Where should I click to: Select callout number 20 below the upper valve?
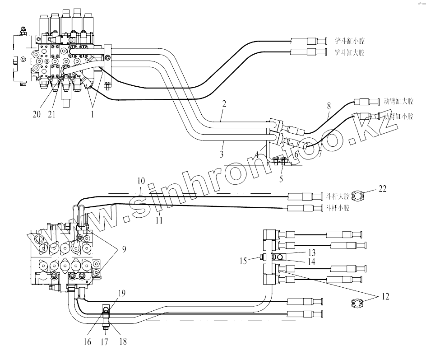[x=37, y=114]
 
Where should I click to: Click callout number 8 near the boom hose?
[x=329, y=107]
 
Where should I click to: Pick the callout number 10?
[x=141, y=181]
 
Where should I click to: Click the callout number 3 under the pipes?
[x=222, y=154]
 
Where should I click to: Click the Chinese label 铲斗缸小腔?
[x=349, y=41]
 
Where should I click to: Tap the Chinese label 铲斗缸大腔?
[x=349, y=52]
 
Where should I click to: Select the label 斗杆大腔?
[x=338, y=196]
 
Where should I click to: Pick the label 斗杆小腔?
[x=338, y=208]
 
